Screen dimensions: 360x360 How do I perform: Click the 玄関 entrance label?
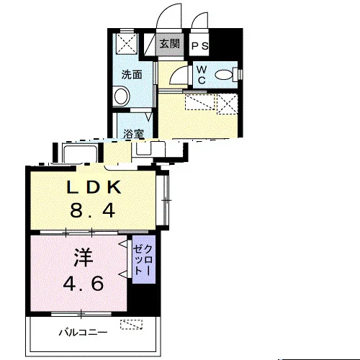(x=170, y=44)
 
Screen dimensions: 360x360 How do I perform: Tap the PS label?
(x=199, y=45)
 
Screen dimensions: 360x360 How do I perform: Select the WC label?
(x=202, y=75)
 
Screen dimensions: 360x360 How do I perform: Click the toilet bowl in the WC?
(x=224, y=75)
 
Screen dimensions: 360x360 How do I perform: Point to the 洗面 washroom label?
(x=132, y=75)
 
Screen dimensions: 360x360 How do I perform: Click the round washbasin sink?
(x=122, y=96)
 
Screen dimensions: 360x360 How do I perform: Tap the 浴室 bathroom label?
(x=134, y=134)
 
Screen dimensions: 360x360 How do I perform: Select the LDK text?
(x=94, y=188)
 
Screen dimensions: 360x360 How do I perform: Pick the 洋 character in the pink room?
(x=84, y=258)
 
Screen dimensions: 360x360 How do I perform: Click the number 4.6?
(x=84, y=283)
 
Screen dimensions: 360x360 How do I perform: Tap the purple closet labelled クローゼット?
(x=144, y=259)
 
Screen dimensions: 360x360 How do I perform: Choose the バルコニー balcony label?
(x=84, y=333)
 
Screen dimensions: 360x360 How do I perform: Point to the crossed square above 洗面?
(x=127, y=42)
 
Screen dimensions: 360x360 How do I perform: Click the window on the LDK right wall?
(x=165, y=200)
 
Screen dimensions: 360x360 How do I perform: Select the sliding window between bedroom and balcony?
(x=81, y=313)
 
